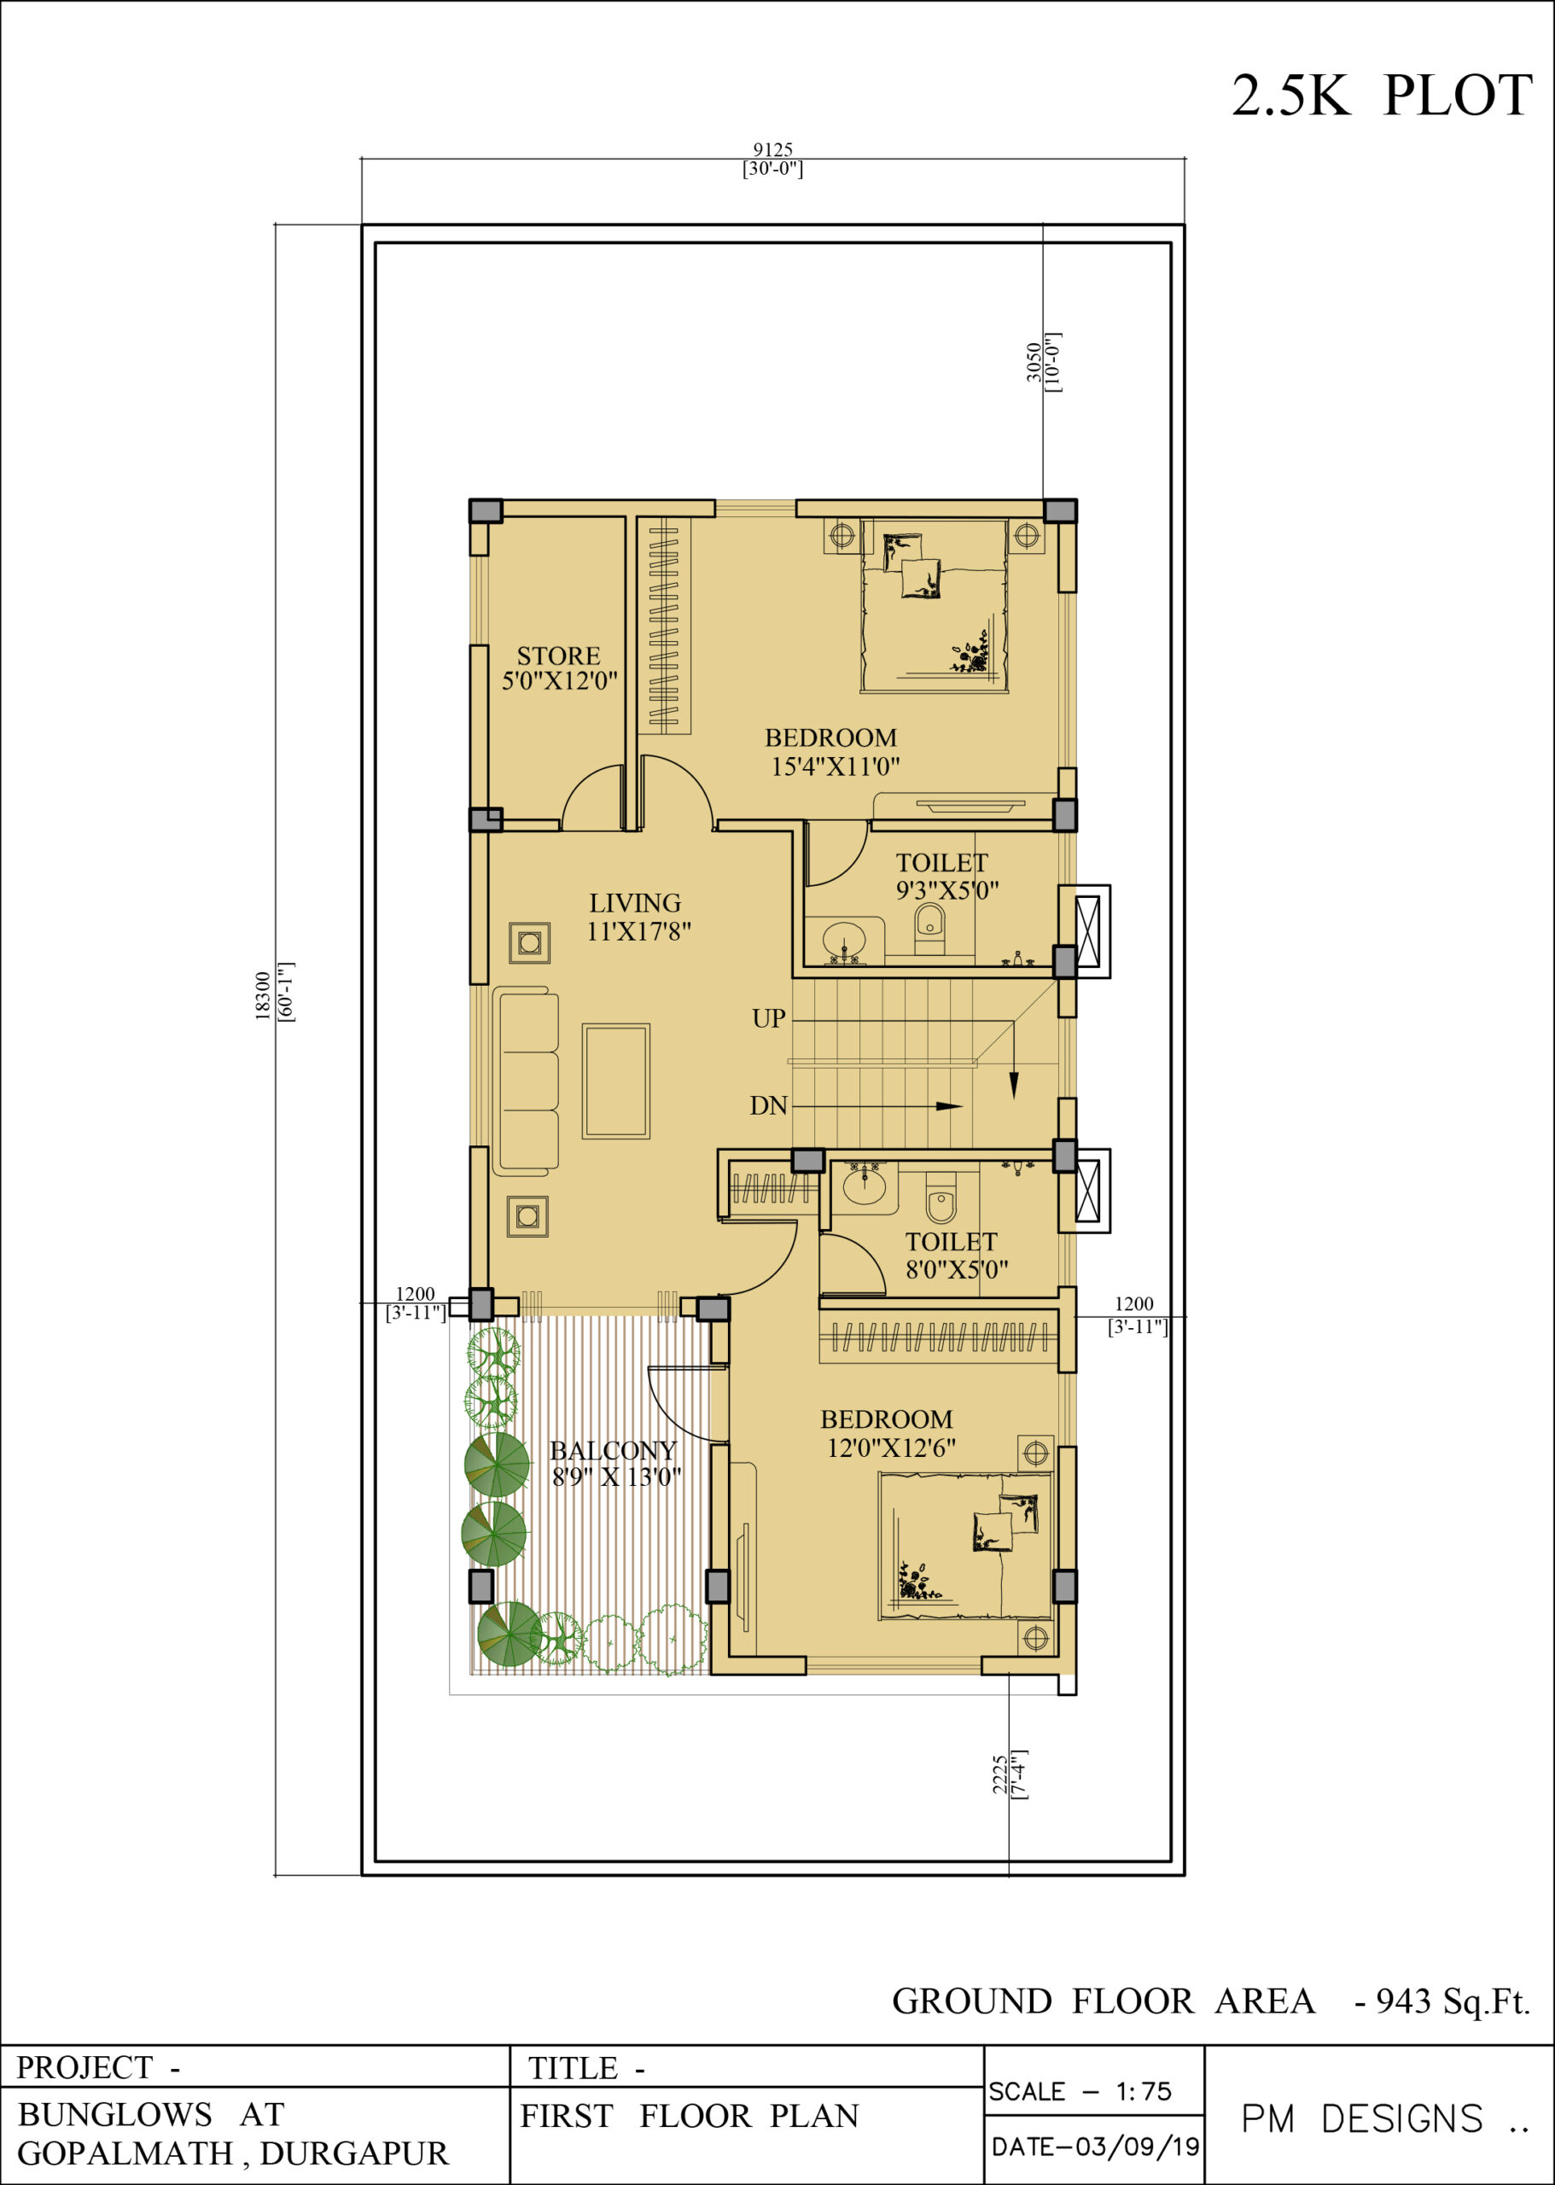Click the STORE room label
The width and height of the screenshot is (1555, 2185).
coord(558,655)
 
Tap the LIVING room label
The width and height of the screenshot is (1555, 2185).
coord(635,903)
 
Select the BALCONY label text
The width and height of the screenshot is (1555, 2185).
coord(613,1451)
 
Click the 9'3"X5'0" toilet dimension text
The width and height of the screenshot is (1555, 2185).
coord(947,890)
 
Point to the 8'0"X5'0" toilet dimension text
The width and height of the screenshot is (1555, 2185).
coord(957,1270)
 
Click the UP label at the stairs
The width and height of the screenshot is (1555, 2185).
coord(769,1017)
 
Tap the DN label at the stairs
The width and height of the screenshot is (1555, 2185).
coord(768,1106)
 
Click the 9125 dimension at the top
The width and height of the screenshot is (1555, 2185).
coord(772,149)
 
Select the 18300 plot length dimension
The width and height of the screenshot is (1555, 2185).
coord(262,997)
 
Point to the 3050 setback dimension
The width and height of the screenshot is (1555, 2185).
coord(1034,362)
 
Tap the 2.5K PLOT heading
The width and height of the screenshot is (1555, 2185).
coord(1382,96)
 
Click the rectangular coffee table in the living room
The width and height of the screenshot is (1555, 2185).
coord(615,1081)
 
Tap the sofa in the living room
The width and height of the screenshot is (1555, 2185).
coord(526,1082)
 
